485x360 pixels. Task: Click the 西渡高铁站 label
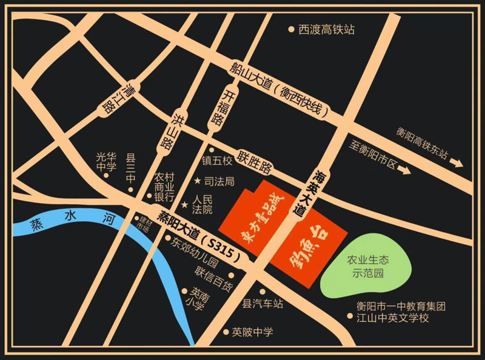pos(326,29)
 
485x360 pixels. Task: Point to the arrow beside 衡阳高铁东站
pos(455,162)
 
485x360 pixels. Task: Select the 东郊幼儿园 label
pos(198,245)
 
